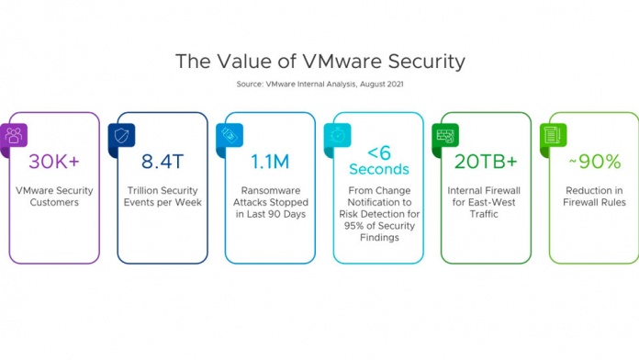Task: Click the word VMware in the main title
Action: pyautogui.click(x=334, y=62)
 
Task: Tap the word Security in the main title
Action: pyautogui.click(x=418, y=62)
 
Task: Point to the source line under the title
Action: pyautogui.click(x=319, y=85)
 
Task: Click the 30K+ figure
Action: pyautogui.click(x=55, y=161)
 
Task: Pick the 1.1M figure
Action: pyautogui.click(x=271, y=161)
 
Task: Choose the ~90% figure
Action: pyautogui.click(x=593, y=161)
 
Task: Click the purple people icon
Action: pyautogui.click(x=14, y=134)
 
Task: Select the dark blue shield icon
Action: pyautogui.click(x=121, y=134)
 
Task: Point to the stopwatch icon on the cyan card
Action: pyautogui.click(x=336, y=134)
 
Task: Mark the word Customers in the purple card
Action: pyautogui.click(x=55, y=203)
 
